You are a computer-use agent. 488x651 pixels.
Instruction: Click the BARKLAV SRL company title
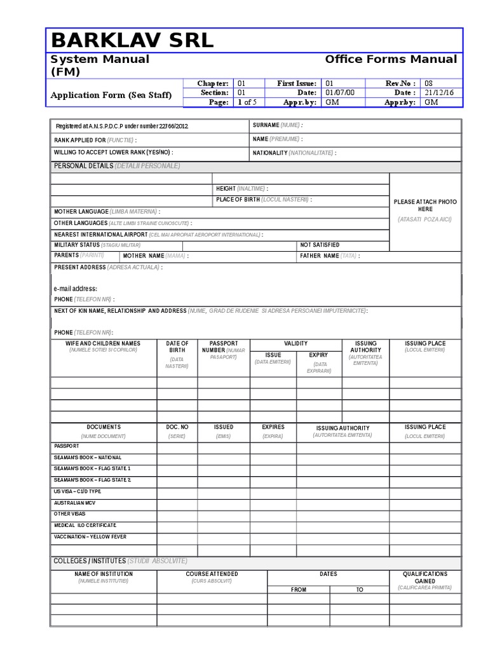pyautogui.click(x=132, y=41)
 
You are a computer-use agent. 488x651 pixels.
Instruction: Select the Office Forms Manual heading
pyautogui.click(x=391, y=59)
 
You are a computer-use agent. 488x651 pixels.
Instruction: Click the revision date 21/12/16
pyautogui.click(x=437, y=93)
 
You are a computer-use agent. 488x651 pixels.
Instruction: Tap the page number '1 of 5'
pyautogui.click(x=247, y=102)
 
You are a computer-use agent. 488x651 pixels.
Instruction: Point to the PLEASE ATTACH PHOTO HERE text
pyautogui.click(x=425, y=205)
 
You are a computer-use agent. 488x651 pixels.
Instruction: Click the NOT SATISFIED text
pyautogui.click(x=320, y=245)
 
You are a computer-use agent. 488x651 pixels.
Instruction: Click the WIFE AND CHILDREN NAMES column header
pyautogui.click(x=103, y=343)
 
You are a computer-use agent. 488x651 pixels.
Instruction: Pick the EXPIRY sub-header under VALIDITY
pyautogui.click(x=318, y=355)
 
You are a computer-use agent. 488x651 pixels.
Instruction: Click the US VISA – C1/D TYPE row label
pyautogui.click(x=78, y=491)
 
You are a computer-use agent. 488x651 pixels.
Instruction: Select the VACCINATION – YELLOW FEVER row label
pyautogui.click(x=90, y=537)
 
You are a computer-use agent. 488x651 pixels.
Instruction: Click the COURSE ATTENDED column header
pyautogui.click(x=212, y=574)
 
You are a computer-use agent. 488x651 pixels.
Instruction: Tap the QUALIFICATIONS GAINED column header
pyautogui.click(x=425, y=577)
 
